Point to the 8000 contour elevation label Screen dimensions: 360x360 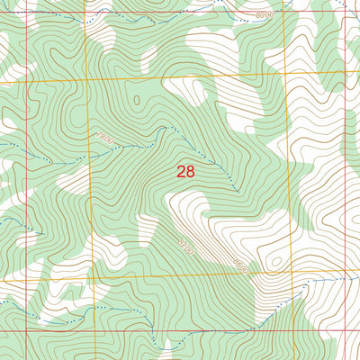coord(264,15)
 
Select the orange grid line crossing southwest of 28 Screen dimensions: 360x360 coord(94,278)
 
